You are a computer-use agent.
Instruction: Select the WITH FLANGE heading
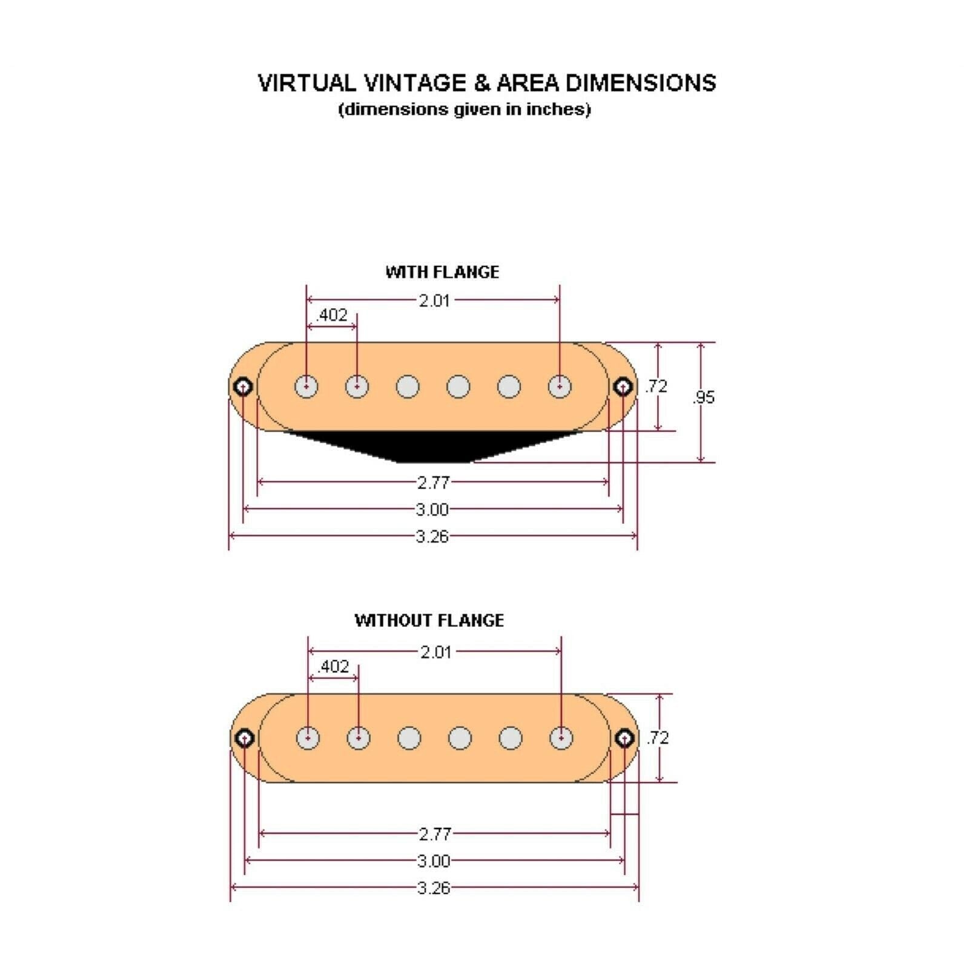click(442, 272)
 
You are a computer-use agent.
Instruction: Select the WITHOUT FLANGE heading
click(429, 620)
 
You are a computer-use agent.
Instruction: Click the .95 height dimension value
click(704, 397)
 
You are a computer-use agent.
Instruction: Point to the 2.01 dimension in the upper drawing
click(434, 300)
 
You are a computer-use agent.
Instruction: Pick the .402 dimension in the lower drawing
click(333, 666)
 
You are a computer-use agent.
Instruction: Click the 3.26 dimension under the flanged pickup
click(432, 537)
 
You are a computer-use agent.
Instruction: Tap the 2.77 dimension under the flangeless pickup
click(435, 834)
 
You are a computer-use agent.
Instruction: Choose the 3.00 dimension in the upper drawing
click(432, 509)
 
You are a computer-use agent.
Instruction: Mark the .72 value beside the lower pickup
click(657, 738)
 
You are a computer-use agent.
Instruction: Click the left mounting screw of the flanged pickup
click(243, 386)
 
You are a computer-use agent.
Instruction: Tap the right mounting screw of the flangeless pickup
click(624, 738)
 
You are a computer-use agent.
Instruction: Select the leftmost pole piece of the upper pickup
click(307, 386)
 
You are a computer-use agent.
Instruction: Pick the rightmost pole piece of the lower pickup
click(561, 738)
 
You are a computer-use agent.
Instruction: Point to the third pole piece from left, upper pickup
click(408, 386)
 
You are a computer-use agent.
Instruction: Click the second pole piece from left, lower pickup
click(359, 738)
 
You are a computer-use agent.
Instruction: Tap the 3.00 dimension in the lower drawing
click(434, 861)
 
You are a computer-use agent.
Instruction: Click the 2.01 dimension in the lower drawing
click(436, 652)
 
